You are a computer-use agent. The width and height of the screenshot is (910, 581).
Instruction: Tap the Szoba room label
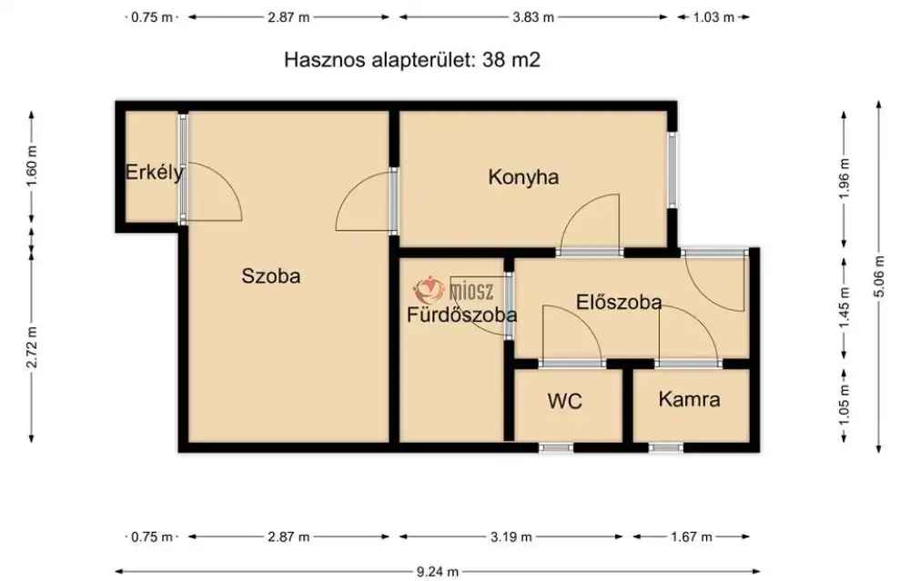(x=270, y=276)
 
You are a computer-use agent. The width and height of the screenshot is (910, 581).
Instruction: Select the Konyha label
(x=523, y=177)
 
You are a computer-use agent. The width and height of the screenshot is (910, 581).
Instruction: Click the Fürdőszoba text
(x=461, y=316)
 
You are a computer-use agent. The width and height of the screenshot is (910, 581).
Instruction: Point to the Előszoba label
(x=619, y=303)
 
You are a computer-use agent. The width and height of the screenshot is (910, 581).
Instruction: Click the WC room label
(x=564, y=400)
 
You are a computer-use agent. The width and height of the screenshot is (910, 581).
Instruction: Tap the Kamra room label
(x=689, y=399)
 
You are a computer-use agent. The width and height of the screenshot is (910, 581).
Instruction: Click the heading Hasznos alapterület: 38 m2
(x=414, y=60)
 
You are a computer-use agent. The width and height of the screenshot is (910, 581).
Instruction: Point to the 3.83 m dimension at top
(x=533, y=16)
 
